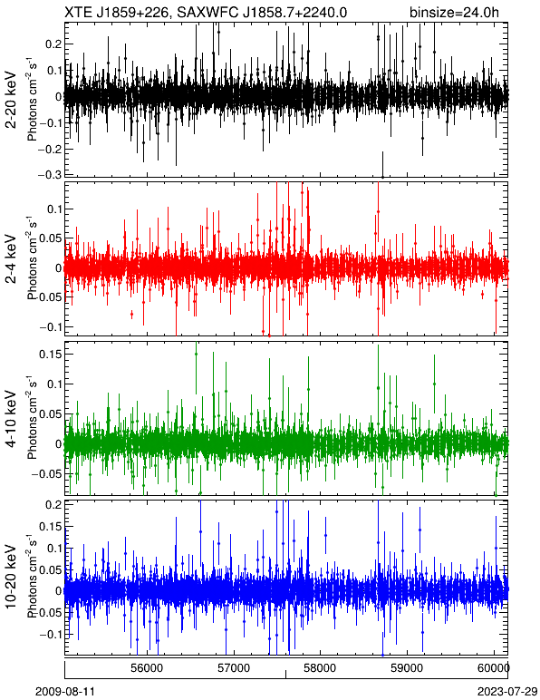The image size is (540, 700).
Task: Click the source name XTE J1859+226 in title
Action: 118,12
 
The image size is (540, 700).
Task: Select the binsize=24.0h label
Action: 454,13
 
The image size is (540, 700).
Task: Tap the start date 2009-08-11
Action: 64,692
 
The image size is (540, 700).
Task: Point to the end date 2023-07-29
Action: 507,692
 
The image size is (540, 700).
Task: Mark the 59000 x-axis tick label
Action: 409,668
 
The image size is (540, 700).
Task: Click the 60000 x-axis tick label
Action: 495,668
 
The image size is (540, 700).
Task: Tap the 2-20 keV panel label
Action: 11,100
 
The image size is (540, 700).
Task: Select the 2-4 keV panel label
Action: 11,259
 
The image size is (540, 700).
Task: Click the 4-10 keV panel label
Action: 11,419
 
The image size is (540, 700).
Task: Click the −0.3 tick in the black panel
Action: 49,175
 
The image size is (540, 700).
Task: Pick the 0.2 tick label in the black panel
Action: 53,44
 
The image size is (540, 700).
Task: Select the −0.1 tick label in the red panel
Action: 49,326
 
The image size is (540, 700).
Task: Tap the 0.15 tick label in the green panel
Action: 50,354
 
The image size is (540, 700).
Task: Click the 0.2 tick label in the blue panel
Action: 53,504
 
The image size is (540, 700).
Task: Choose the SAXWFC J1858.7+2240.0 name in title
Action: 262,12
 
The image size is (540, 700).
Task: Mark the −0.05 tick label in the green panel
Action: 46,473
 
